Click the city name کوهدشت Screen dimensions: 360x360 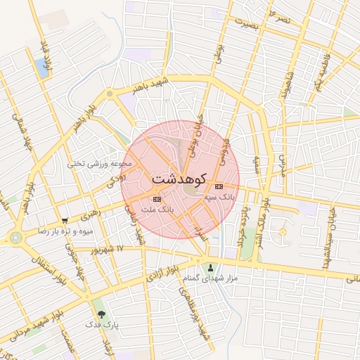[179, 179]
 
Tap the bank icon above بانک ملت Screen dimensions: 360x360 [156, 200]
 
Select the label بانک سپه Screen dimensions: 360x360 [219, 198]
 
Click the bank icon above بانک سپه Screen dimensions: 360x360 [219, 186]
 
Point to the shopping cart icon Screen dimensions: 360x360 [65, 220]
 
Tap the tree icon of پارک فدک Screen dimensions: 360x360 [102, 314]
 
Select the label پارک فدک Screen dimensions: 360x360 [102, 325]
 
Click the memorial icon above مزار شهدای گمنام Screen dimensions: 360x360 [211, 266]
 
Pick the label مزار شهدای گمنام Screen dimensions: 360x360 [211, 278]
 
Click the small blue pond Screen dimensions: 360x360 [41, 68]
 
